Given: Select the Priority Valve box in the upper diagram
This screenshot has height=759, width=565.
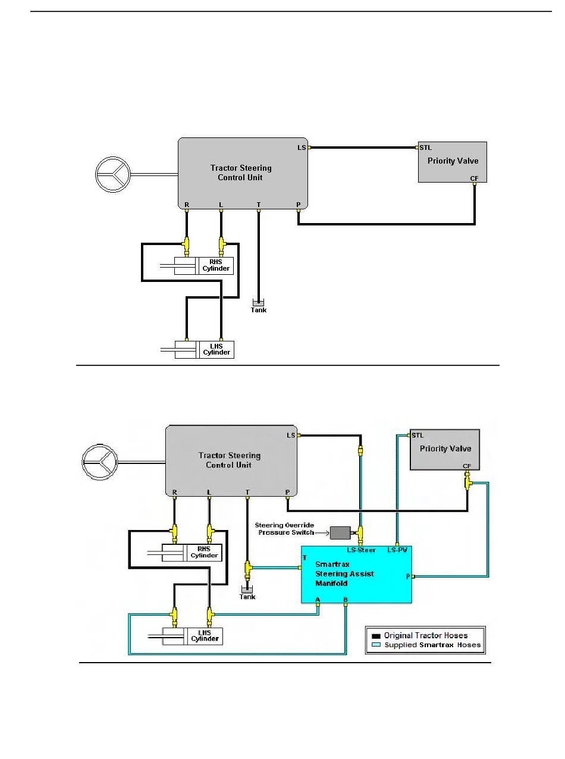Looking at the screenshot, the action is point(453,162).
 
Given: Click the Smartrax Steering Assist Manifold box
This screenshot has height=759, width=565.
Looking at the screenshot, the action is point(356,575).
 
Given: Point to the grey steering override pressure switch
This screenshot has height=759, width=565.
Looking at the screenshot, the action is point(340,532).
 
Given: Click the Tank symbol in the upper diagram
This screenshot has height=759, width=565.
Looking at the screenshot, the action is point(258,303).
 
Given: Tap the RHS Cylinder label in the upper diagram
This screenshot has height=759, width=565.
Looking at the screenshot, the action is point(216,265).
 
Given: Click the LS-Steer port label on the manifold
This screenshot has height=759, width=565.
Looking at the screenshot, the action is point(361,550).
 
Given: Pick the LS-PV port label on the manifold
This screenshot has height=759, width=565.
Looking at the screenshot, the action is point(397,550).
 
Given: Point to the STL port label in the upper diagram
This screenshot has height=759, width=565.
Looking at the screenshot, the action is point(425,148).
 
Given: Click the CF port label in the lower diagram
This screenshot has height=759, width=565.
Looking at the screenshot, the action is point(467,466).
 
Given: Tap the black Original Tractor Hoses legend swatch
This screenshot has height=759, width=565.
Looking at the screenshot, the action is point(376,636).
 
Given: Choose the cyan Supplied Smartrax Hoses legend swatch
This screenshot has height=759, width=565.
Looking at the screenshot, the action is point(376,645).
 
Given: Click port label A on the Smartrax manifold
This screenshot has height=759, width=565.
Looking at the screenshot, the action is point(318,600).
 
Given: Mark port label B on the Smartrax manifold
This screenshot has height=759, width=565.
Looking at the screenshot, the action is point(346,600).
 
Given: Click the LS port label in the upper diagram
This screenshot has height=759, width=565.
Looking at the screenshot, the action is point(302,148).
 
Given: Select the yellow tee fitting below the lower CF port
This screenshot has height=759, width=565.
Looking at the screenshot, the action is point(467,483).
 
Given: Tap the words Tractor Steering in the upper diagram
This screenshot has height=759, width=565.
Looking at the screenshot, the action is point(241,168).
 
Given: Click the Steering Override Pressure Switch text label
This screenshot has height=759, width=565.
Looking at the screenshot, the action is point(285,529).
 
